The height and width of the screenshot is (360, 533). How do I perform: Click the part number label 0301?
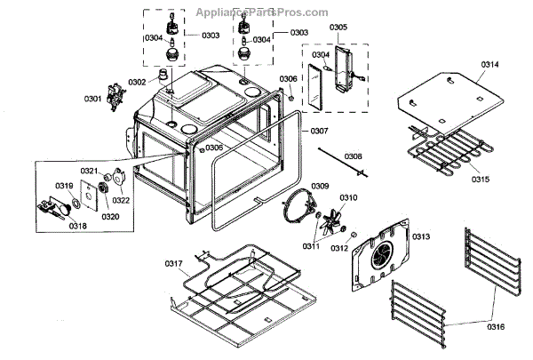93,97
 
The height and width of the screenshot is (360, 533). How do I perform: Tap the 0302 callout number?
136,82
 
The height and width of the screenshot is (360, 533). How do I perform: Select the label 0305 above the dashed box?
338,28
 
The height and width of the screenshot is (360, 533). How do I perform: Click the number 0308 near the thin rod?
354,156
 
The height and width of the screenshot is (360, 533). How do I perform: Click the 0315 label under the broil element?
481,179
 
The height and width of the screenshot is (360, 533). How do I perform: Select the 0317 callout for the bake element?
174,263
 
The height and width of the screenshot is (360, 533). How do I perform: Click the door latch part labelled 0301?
114,95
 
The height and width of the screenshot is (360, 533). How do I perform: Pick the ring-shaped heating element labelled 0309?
300,210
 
